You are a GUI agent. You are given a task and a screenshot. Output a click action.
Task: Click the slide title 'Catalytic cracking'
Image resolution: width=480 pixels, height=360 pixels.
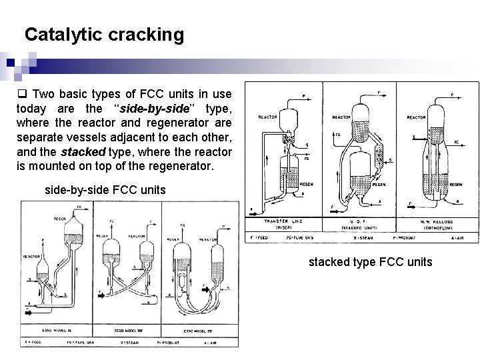tap(104, 35)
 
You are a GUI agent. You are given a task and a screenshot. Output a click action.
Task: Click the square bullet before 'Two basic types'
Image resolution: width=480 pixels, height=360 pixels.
tap(21, 94)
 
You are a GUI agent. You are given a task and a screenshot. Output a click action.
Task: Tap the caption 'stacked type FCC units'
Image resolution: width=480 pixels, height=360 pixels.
tap(370, 262)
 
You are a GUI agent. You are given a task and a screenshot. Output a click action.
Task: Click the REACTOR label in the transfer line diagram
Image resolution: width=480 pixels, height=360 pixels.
tap(269, 118)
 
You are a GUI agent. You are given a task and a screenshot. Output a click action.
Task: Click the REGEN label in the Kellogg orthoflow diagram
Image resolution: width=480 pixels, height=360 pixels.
tap(456, 185)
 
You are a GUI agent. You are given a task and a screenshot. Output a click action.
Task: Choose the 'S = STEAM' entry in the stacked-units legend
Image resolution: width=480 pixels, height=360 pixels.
tap(363, 237)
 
